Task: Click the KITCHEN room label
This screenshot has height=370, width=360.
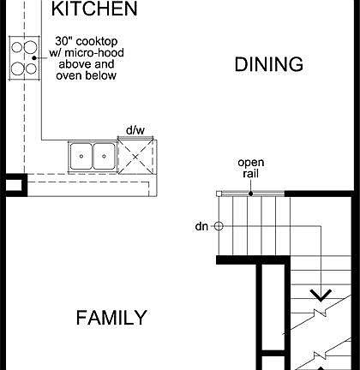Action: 94,9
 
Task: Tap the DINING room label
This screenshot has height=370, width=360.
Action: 269,64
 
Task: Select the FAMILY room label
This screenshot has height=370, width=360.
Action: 111,318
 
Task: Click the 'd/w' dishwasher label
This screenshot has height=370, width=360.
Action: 135,129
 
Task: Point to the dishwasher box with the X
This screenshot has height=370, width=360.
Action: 136,156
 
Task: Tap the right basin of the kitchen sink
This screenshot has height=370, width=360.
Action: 103,155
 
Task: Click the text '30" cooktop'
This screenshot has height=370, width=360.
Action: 85,40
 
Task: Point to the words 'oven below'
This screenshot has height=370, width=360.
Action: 86,75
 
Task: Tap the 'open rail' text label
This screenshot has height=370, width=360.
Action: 250,168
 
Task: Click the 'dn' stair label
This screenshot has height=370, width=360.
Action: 201,226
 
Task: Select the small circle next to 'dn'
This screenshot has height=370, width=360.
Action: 219,226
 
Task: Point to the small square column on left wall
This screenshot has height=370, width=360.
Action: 14,183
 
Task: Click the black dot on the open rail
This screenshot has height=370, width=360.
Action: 250,193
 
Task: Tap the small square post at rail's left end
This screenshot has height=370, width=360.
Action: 221,193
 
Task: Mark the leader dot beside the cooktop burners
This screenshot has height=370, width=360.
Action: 35,57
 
